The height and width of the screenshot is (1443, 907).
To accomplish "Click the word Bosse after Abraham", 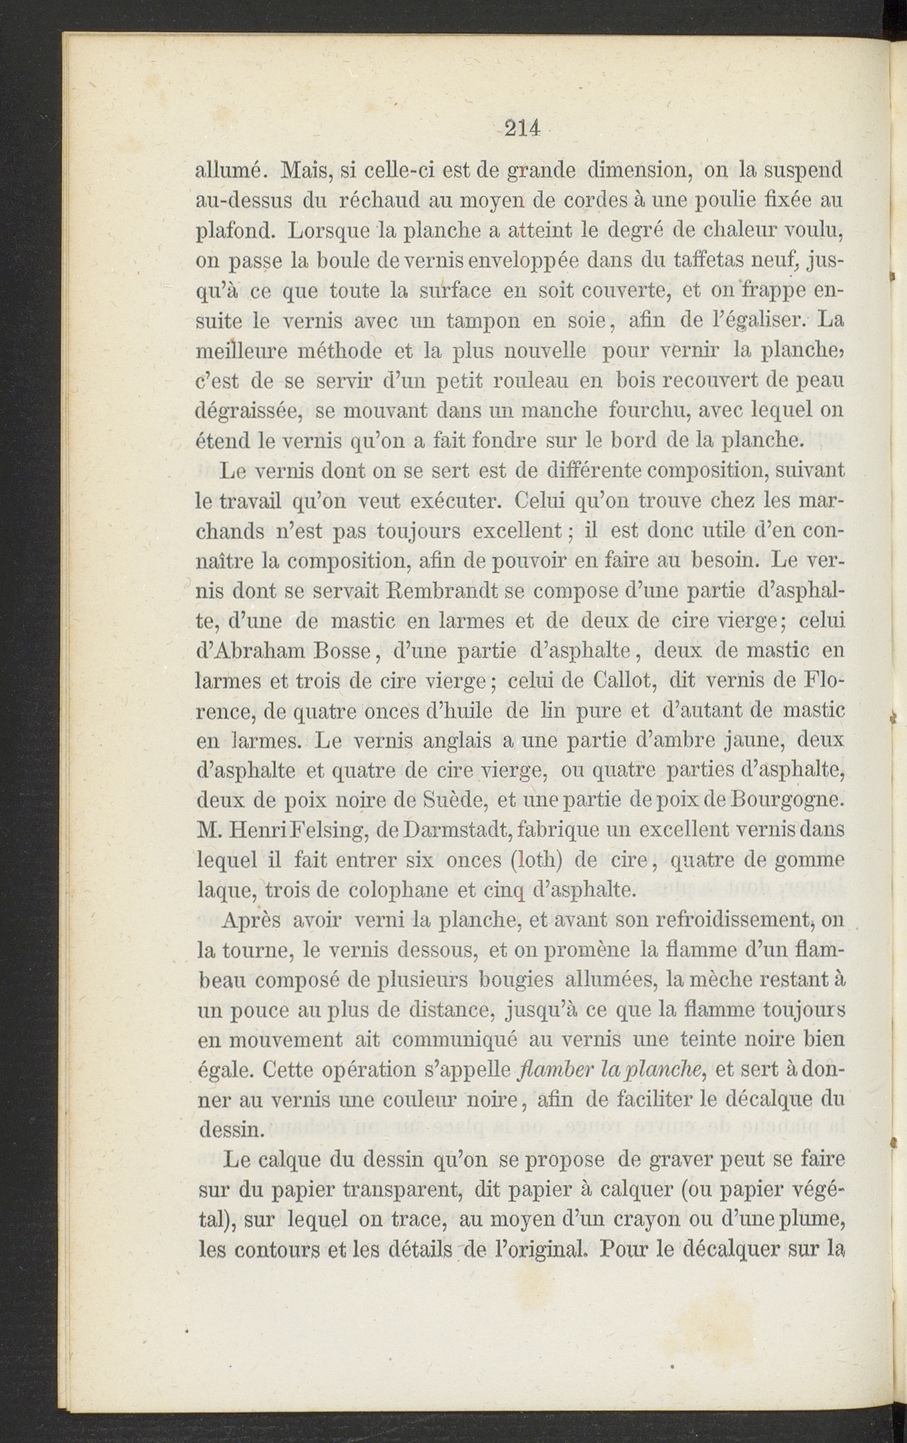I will (x=339, y=651).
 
